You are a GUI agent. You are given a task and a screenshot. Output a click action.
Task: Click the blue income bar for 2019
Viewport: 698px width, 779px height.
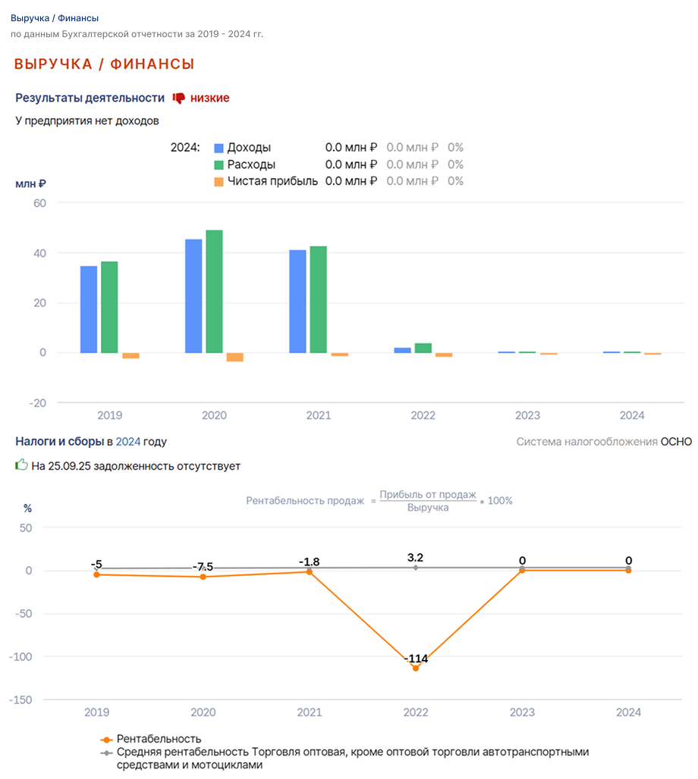(x=89, y=309)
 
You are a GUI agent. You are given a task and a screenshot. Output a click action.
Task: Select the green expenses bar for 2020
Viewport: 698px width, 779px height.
(x=214, y=292)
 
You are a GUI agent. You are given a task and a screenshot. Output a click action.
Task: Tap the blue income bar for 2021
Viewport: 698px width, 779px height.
(x=297, y=302)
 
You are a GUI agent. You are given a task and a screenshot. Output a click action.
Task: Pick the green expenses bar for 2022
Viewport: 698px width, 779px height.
(x=423, y=348)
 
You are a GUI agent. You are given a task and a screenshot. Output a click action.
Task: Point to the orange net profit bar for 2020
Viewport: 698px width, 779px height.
(x=235, y=357)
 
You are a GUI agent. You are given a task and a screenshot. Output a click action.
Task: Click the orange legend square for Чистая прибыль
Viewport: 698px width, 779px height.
(x=219, y=182)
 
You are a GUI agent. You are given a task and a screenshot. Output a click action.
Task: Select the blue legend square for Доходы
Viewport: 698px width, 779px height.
(x=219, y=148)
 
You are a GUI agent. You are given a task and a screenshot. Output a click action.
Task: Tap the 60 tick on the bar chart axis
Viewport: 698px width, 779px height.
(x=39, y=203)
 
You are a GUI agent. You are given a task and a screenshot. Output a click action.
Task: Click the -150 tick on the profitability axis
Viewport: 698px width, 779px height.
(x=20, y=700)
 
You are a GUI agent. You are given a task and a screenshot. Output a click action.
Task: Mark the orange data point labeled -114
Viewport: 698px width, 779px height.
(x=416, y=668)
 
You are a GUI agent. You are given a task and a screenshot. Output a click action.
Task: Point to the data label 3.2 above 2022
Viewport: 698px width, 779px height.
(x=416, y=558)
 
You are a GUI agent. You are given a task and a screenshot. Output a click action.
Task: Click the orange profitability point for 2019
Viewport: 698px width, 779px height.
(x=96, y=575)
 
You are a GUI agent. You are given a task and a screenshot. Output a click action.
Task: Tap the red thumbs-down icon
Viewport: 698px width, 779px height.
(x=178, y=99)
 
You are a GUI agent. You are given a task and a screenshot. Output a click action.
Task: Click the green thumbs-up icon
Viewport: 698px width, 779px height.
(x=21, y=465)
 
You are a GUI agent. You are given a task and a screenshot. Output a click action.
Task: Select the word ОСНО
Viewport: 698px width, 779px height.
(x=676, y=442)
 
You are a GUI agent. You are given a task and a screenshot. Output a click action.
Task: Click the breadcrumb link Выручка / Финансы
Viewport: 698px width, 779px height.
(x=54, y=18)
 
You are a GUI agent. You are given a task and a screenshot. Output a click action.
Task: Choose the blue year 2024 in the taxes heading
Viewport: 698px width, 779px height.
(x=128, y=442)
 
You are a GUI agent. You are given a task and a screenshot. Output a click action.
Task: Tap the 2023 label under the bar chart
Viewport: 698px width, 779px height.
(x=527, y=415)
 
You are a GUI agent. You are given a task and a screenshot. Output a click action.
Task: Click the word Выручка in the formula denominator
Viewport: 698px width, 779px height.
(x=428, y=508)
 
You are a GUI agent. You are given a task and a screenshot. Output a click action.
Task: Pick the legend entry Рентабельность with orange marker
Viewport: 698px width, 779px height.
(x=151, y=739)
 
